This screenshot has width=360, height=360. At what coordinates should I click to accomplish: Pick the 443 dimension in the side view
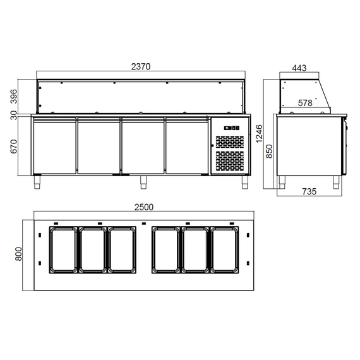pos(300,69)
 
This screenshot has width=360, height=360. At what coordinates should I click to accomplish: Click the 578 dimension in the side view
pos(305,102)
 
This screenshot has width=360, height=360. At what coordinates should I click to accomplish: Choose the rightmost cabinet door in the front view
pos(186,145)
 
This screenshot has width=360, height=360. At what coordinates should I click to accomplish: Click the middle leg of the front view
pos(143,182)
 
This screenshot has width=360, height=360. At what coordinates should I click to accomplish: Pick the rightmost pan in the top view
pos(225,251)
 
